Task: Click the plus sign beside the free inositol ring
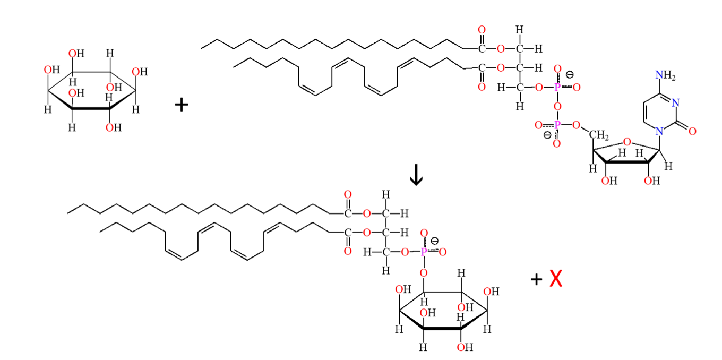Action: (182, 105)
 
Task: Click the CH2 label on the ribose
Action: (598, 136)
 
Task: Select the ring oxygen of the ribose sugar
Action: (627, 142)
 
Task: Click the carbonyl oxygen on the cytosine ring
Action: (692, 131)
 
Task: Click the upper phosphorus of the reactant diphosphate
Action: (557, 87)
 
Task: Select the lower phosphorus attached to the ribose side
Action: (557, 125)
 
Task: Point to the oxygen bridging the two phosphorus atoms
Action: (557, 106)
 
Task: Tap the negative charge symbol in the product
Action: (435, 241)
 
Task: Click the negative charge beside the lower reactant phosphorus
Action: (547, 135)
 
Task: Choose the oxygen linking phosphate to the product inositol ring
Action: (424, 272)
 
